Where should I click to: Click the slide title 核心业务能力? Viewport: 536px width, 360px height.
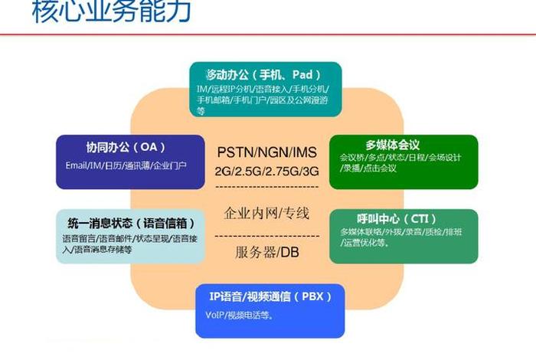pyautogui.click(x=112, y=12)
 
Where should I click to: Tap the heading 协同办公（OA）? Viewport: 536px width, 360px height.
pyautogui.click(x=115, y=147)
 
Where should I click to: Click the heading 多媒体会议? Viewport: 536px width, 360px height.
pyautogui.click(x=392, y=145)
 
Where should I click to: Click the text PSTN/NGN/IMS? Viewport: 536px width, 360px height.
pyautogui.click(x=267, y=151)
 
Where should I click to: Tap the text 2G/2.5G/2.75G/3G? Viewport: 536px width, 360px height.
pyautogui.click(x=267, y=170)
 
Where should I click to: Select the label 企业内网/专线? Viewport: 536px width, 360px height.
pyautogui.click(x=267, y=212)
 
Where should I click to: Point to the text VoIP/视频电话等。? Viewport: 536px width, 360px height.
pyautogui.click(x=240, y=315)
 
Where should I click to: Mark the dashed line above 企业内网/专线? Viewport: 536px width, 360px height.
pyautogui.click(x=267, y=188)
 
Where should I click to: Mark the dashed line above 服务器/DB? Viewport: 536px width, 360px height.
pyautogui.click(x=267, y=234)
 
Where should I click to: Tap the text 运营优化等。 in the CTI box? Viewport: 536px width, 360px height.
pyautogui.click(x=364, y=244)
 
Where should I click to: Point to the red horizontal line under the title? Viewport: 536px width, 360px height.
pyautogui.click(x=268, y=34)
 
